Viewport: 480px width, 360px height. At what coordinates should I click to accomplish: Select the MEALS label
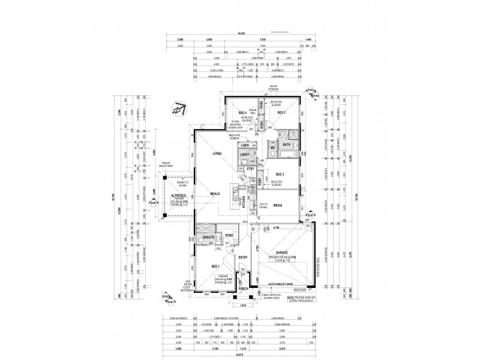pyautogui.click(x=215, y=193)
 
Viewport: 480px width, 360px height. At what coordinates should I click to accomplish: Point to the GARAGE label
pyautogui.click(x=282, y=253)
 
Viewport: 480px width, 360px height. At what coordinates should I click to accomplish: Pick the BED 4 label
pyautogui.click(x=242, y=113)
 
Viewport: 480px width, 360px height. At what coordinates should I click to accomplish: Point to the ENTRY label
pyautogui.click(x=243, y=257)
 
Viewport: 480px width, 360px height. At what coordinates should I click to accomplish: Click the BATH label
pyautogui.click(x=287, y=144)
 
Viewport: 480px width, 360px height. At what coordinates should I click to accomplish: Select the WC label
pyautogui.click(x=271, y=147)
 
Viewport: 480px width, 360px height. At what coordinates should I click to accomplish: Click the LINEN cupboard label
pyautogui.click(x=244, y=146)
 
